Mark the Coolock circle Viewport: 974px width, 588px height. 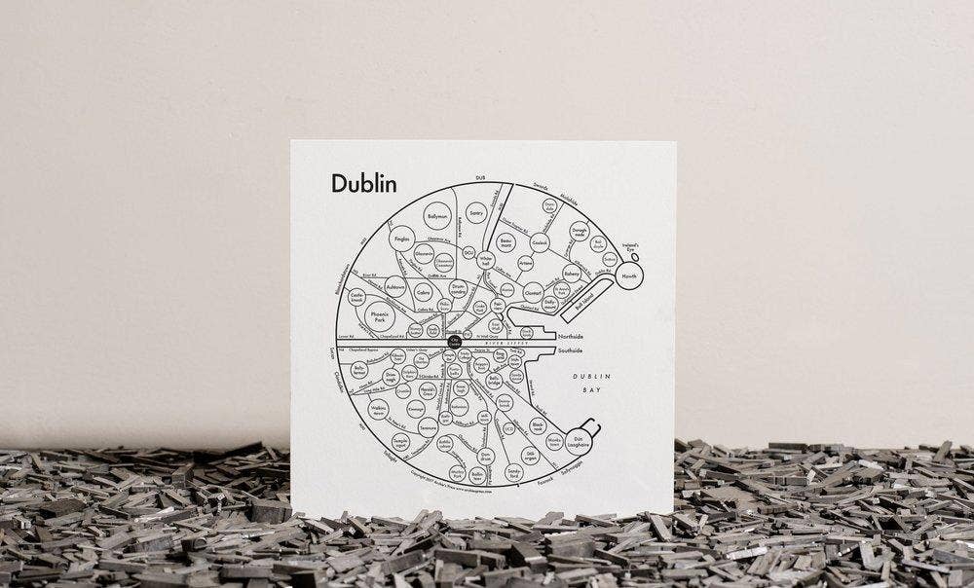540,242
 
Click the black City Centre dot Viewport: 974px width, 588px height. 455,342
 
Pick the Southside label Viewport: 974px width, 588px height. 570,349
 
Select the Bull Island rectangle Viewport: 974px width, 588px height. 589,303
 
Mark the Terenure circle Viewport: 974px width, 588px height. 428,425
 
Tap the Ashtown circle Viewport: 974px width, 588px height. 394,288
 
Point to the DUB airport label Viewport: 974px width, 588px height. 478,177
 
